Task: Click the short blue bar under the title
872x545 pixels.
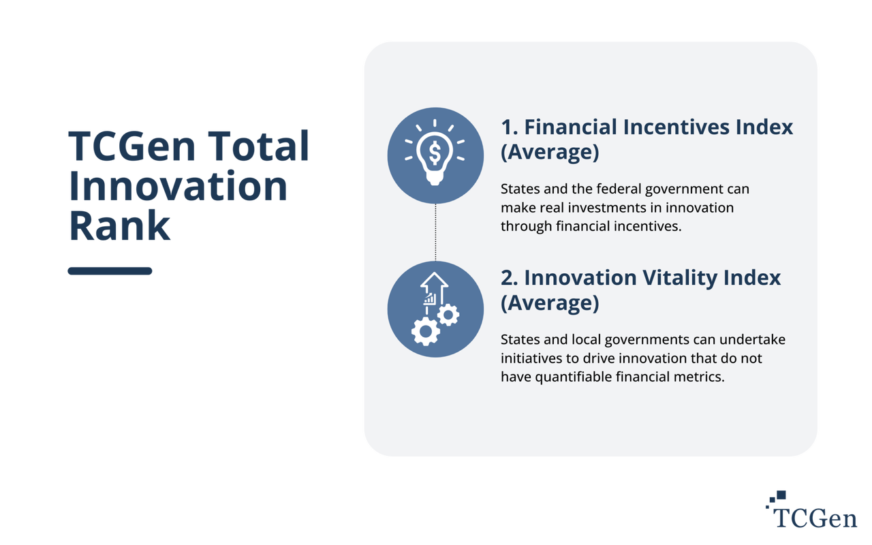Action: (x=110, y=271)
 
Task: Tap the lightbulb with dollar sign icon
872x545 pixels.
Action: (x=435, y=154)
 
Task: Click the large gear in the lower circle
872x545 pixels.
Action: (x=426, y=330)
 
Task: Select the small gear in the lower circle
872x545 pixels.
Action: (x=448, y=314)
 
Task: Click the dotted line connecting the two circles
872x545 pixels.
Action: (x=435, y=232)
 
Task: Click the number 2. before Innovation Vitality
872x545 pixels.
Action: (x=509, y=277)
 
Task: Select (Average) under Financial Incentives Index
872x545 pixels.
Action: (x=549, y=153)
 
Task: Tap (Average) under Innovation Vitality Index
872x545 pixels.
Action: (x=549, y=302)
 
